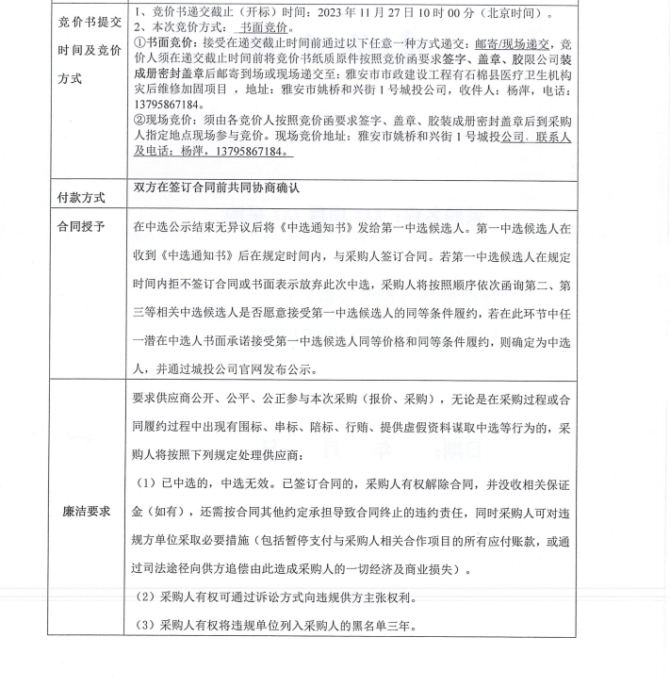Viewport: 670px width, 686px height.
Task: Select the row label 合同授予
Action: point(81,227)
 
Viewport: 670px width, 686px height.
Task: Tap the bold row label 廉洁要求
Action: point(85,510)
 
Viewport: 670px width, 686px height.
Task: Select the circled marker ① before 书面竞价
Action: point(139,43)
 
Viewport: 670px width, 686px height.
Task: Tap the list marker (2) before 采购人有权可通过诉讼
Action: point(144,597)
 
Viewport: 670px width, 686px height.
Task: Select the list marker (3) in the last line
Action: point(144,625)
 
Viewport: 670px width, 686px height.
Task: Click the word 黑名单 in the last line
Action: point(355,625)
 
